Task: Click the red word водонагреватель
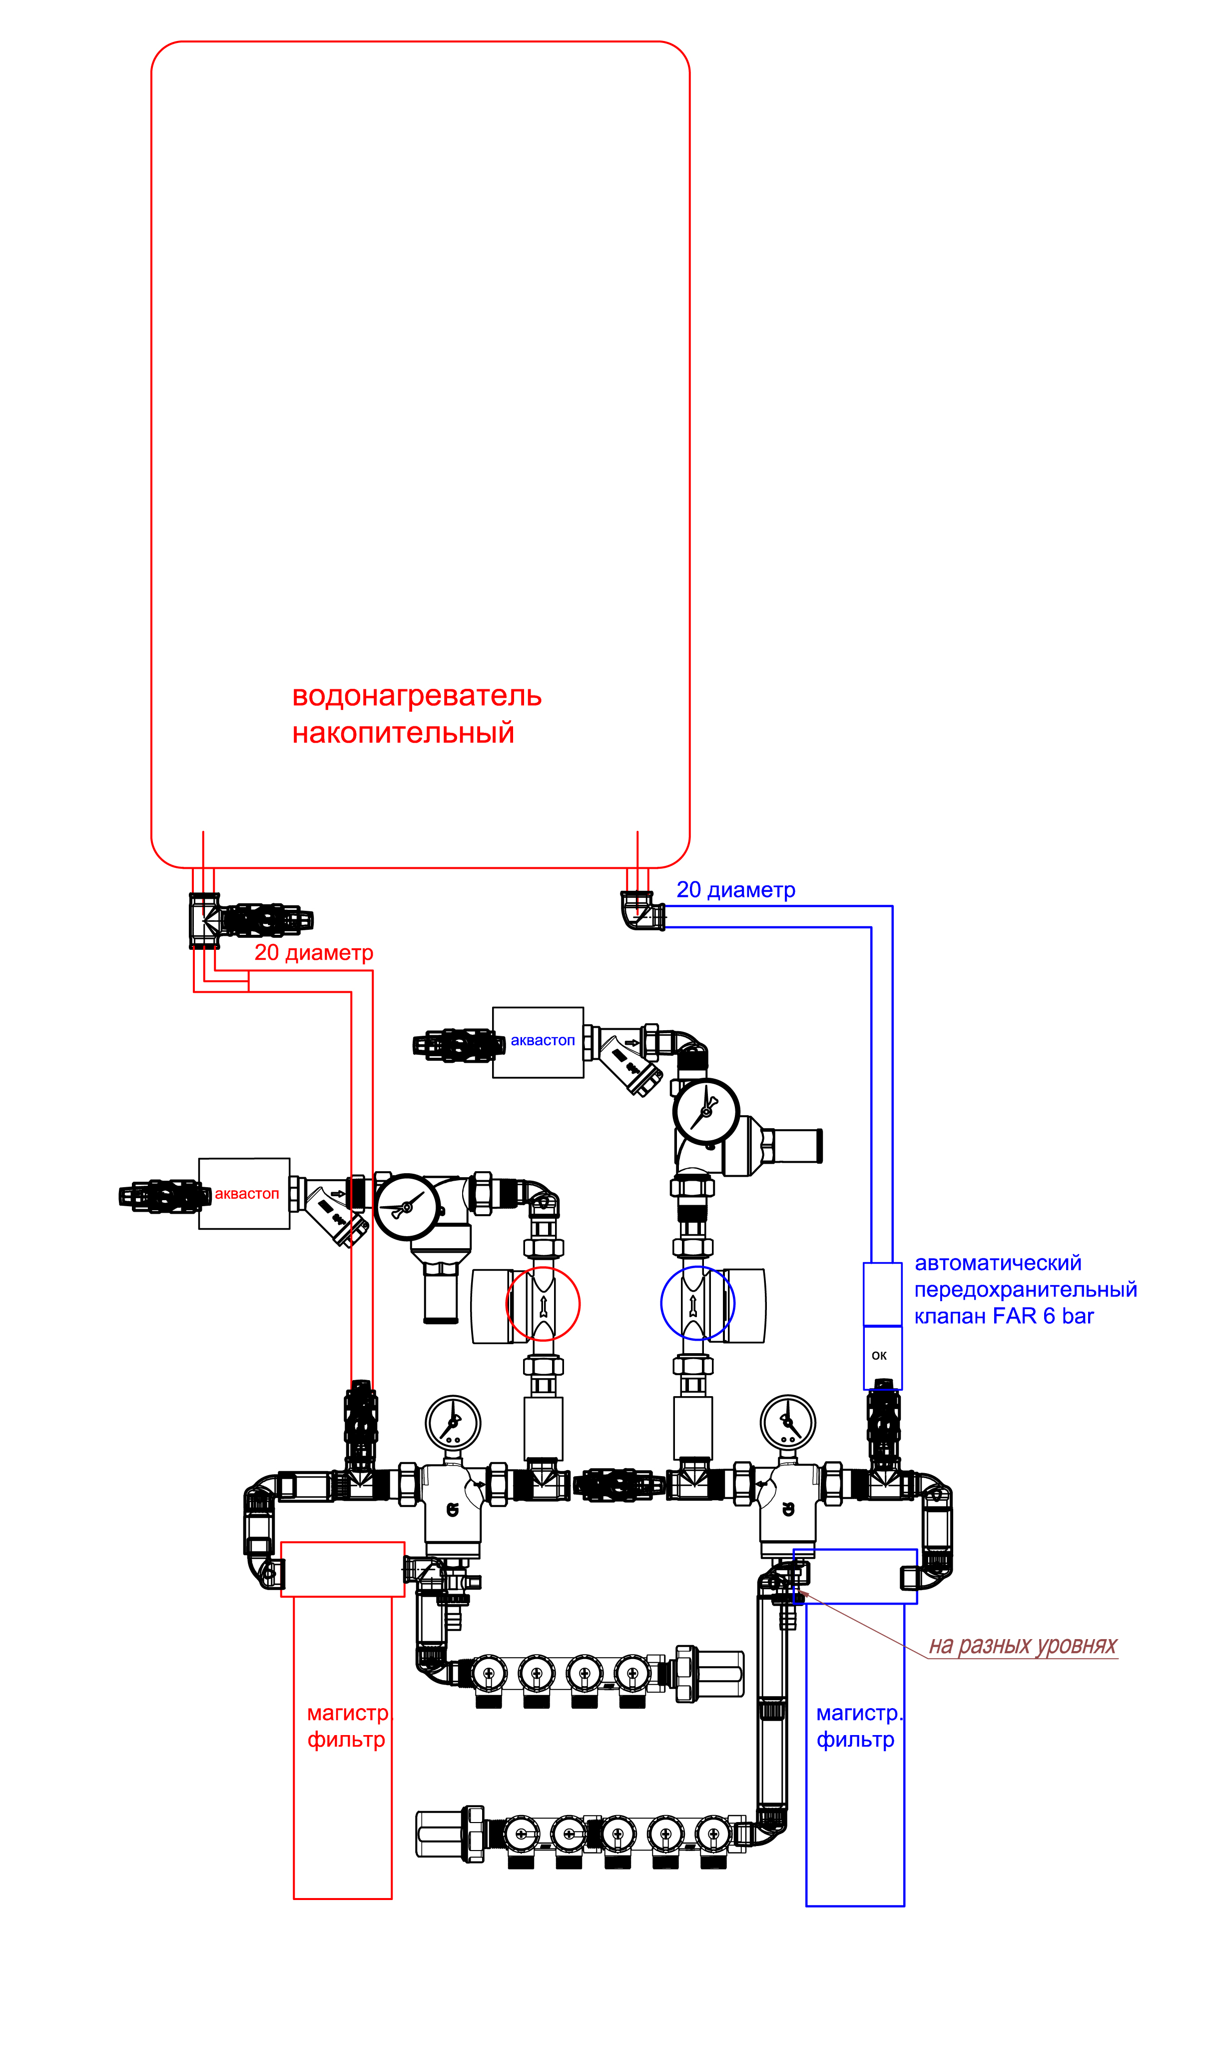coord(416,696)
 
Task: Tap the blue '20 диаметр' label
coord(736,890)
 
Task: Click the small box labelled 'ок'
coord(882,1356)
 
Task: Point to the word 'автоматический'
coord(998,1263)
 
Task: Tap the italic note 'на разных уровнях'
coord(1023,1646)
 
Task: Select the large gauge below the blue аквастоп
coord(705,1111)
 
